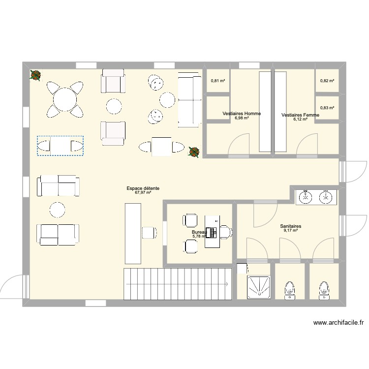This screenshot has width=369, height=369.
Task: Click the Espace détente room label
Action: point(143,188)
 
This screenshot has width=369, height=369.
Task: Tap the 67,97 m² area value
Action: point(143,193)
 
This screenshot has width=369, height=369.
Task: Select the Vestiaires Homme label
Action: point(242,114)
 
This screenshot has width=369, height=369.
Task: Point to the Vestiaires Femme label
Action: point(300,115)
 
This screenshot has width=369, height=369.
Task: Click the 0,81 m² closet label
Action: point(218,81)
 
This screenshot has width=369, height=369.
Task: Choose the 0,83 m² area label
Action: point(327,108)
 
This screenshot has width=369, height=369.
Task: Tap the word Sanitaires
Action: point(291,227)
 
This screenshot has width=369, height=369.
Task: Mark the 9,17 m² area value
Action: point(291,231)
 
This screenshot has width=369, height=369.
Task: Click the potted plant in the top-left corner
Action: point(35,75)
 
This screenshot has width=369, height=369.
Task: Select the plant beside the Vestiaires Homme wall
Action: point(194,152)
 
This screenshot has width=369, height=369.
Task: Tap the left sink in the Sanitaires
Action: point(306,197)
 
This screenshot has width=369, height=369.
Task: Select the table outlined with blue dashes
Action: point(60,146)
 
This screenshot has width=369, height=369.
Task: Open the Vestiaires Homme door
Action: point(237,145)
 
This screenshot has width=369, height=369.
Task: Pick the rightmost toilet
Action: point(324,289)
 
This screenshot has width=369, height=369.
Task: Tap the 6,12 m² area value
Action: point(300,119)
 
